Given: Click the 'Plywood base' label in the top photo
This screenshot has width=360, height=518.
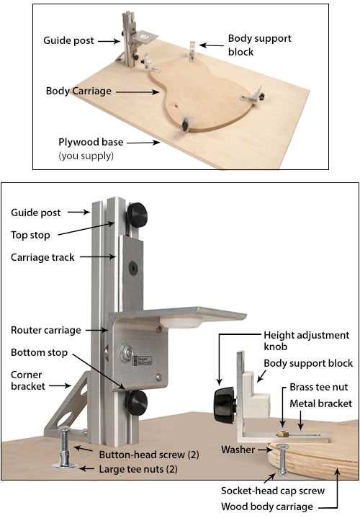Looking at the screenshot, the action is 91,142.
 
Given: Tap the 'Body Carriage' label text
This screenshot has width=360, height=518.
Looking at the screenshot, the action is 78,91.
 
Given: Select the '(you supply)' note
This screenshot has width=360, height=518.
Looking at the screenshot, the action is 86,156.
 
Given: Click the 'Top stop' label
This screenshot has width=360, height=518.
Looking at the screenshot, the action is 30,235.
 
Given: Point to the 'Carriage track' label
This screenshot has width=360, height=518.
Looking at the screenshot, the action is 42,257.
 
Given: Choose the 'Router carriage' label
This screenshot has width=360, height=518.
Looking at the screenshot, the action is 46,330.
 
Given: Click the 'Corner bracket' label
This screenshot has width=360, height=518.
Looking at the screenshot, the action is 28,380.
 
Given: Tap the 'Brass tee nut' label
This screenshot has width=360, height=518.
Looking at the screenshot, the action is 319,387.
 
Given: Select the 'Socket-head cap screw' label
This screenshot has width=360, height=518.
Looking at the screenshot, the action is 273,491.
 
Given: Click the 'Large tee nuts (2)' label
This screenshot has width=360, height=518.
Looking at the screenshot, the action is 138,469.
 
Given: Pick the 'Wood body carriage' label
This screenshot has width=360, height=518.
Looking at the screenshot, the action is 267,506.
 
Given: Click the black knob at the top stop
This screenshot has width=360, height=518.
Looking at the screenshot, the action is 137,215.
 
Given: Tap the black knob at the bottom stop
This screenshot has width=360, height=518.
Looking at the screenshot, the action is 136,403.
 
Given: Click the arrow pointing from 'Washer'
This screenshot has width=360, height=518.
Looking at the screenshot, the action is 264,450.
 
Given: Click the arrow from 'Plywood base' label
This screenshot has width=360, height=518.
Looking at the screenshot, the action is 143,143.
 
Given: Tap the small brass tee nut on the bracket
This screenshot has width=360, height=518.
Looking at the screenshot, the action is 282,434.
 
